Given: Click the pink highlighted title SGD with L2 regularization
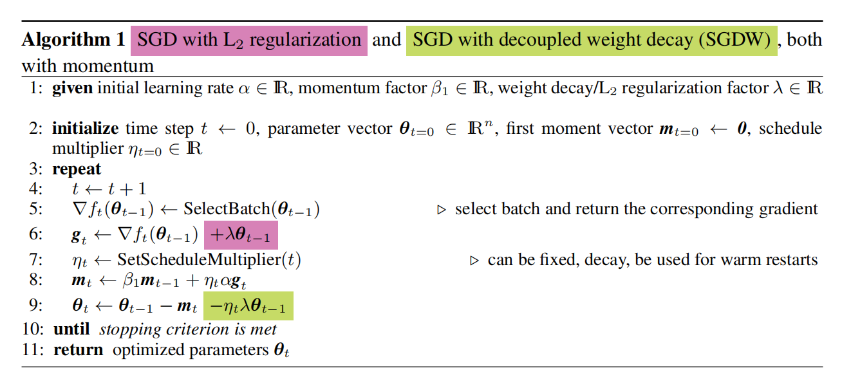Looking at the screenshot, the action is tap(249, 41).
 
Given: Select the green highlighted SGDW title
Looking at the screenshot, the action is tap(592, 41).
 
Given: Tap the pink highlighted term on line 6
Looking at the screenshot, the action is tap(241, 235).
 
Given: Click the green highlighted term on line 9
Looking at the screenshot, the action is tap(248, 306).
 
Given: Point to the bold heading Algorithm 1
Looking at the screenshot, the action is tap(73, 40).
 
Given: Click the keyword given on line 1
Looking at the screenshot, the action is tap(72, 89).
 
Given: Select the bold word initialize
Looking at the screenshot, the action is tap(86, 129).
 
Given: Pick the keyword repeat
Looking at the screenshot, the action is tap(77, 170).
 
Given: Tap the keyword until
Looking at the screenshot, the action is tap(71, 329).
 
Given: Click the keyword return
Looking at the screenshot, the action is tap(78, 350).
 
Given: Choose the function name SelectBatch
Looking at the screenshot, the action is tap(227, 209).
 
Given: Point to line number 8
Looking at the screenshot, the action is tap(35, 280).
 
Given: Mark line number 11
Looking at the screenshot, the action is tap(33, 350).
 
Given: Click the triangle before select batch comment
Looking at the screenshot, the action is tap(442, 210).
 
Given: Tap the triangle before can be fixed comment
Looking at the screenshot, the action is tap(474, 261).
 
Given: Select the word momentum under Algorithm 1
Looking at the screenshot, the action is tap(108, 66).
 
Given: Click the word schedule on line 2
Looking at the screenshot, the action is tap(791, 129).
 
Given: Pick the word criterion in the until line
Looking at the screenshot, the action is tap(198, 329).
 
